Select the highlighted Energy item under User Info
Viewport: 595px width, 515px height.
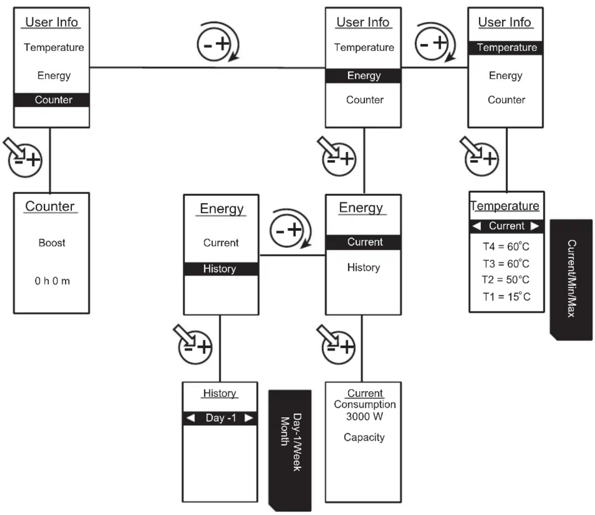tap(363, 76)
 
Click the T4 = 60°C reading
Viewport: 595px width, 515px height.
tap(506, 247)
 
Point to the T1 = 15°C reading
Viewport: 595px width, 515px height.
tap(506, 297)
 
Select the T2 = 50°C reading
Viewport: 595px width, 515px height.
tap(505, 280)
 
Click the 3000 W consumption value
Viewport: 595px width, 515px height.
tap(365, 416)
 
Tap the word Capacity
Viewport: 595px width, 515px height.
tap(364, 437)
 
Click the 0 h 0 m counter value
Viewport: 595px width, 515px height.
tap(52, 281)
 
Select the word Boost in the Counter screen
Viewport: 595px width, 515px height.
tap(52, 243)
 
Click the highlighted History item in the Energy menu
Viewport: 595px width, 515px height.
tap(221, 269)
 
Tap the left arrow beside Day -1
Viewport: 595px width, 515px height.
tap(191, 418)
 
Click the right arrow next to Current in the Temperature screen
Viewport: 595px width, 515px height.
tap(535, 226)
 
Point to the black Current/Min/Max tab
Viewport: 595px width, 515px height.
tap(571, 279)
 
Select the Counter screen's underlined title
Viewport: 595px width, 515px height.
tap(50, 207)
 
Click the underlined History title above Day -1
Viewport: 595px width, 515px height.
tap(220, 393)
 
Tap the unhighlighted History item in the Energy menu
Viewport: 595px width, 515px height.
tap(364, 268)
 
